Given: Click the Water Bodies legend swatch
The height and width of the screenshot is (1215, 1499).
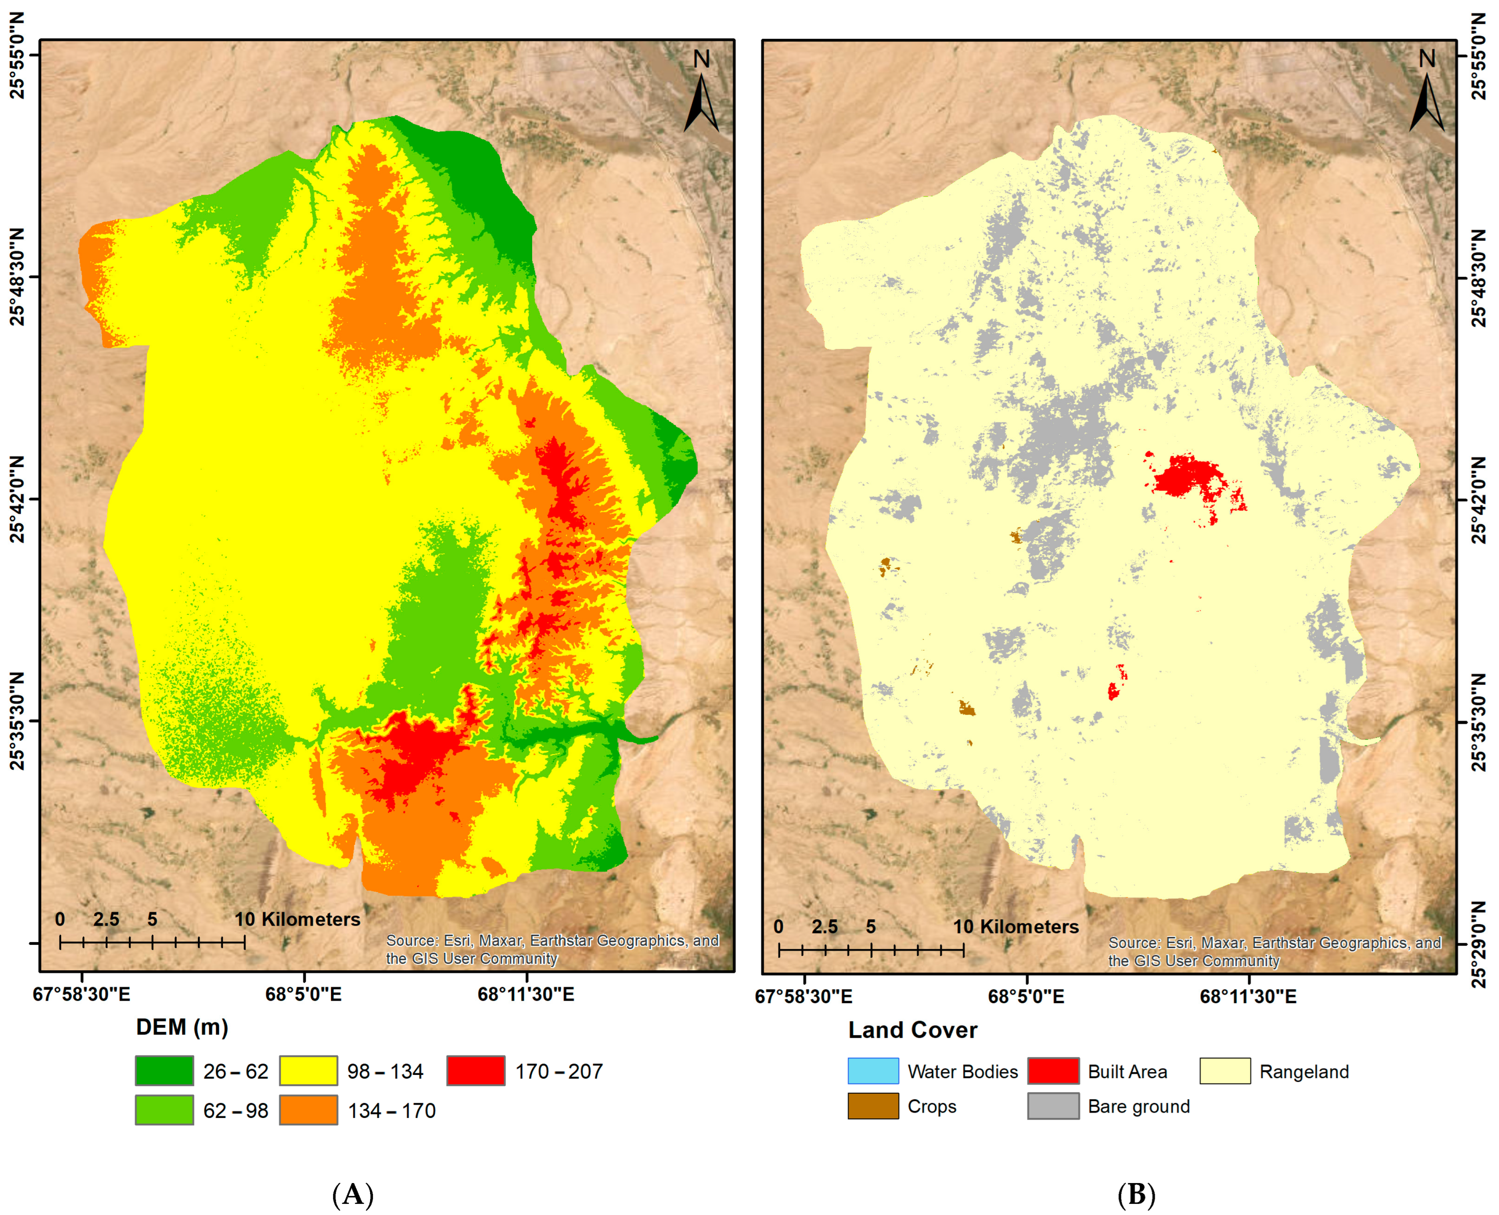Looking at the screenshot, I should pos(873,1071).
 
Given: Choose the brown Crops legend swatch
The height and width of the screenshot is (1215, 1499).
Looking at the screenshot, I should pos(873,1106).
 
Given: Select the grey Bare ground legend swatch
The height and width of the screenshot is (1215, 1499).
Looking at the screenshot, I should pos(1053,1106).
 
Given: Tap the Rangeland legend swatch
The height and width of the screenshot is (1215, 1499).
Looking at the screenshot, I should pos(1225,1071).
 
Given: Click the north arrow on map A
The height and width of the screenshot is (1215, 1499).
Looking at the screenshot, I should pos(701,95).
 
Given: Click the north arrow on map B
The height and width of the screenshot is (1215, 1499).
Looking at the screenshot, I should pos(1426,95).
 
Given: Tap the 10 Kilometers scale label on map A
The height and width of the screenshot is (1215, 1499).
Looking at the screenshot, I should pos(297,919).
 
